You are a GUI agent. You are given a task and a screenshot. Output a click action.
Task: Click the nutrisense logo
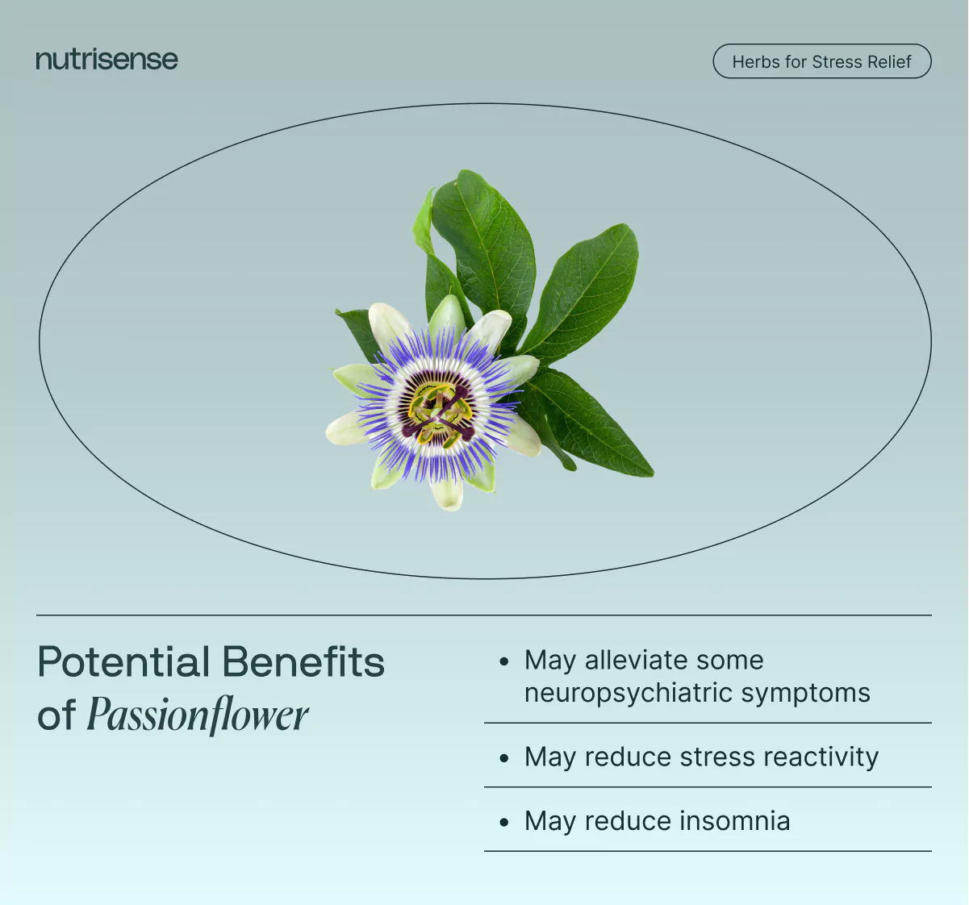click(107, 60)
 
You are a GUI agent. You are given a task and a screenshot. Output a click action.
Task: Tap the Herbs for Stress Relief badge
click(821, 61)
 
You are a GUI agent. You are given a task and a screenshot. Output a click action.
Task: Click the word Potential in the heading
click(123, 662)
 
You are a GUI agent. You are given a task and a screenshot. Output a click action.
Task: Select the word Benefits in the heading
click(303, 662)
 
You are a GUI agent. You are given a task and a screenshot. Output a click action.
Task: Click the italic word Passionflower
click(198, 715)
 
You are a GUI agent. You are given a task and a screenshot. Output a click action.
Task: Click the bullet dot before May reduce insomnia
click(504, 822)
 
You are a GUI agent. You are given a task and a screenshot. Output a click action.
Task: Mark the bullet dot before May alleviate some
click(504, 661)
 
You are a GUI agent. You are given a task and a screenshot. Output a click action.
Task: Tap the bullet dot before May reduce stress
click(504, 758)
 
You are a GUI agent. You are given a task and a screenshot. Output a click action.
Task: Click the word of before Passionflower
click(56, 715)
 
